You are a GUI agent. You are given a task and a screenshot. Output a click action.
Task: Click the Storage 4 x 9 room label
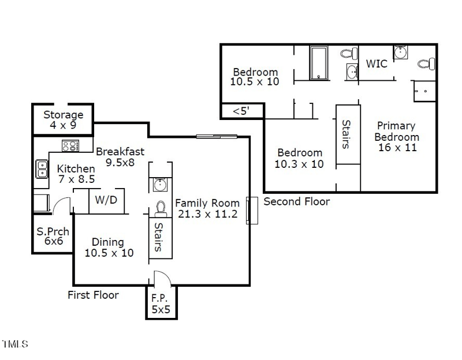(63, 120)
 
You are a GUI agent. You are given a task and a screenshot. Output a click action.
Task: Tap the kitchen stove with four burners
(70, 146)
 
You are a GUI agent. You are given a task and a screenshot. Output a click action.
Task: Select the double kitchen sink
(42, 168)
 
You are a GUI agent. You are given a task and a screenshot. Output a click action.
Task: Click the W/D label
(106, 201)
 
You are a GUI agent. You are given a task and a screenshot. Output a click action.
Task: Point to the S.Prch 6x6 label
(53, 237)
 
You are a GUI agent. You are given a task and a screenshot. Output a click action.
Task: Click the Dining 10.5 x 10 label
(109, 247)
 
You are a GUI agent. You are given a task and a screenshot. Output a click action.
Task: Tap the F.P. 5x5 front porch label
(161, 303)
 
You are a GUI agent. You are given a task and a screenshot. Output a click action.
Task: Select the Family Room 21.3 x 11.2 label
(207, 208)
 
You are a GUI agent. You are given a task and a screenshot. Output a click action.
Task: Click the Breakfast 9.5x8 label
(120, 157)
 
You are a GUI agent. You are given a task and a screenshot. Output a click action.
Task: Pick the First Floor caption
(93, 295)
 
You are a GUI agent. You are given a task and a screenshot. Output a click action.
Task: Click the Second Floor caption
(297, 201)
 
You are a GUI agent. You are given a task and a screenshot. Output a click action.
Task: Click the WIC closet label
(377, 63)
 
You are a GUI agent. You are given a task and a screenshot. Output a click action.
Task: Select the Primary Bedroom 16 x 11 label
(396, 136)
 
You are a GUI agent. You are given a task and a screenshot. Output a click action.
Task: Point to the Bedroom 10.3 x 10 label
(300, 158)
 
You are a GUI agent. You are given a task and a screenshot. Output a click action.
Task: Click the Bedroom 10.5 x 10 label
(255, 77)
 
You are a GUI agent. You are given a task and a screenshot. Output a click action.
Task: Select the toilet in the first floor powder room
(161, 207)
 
